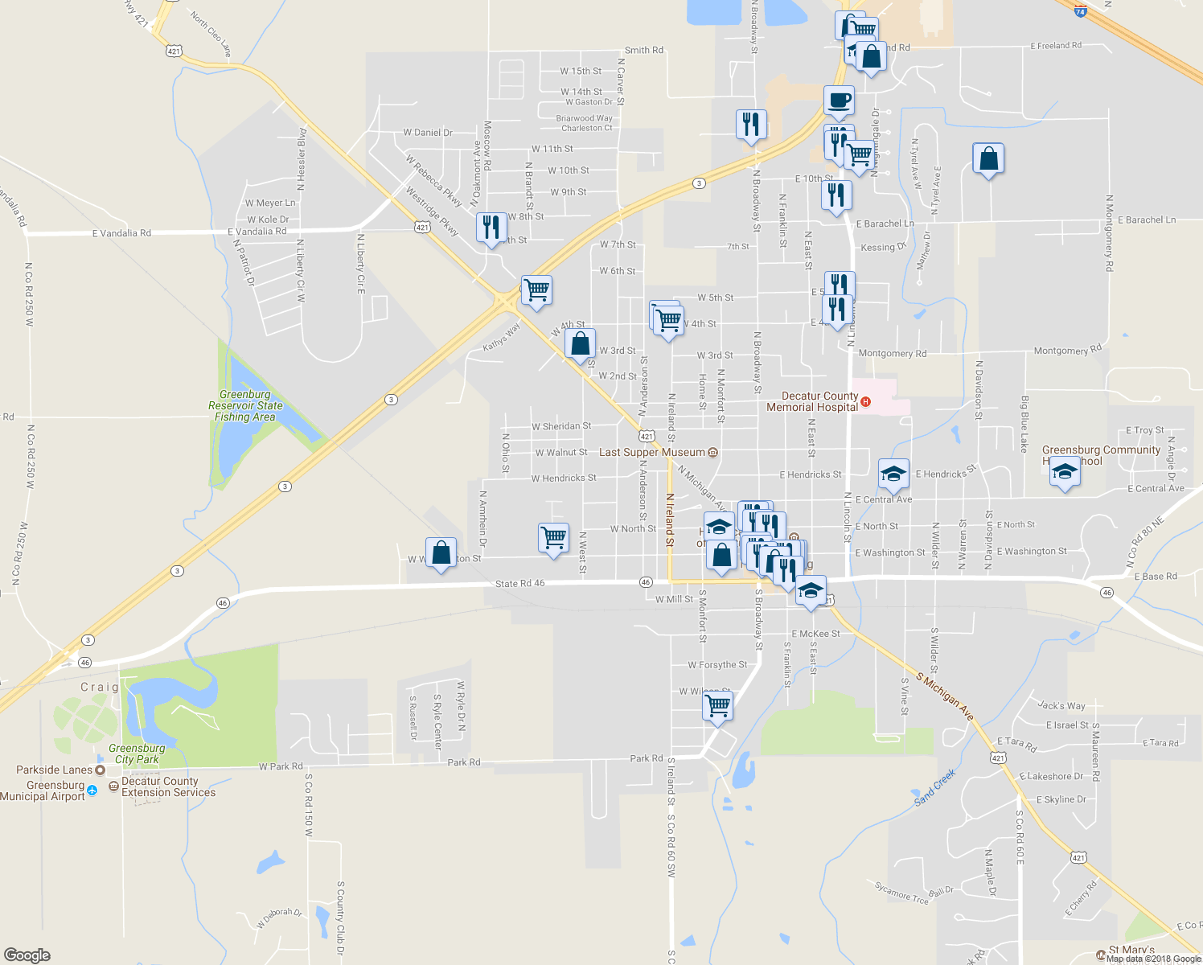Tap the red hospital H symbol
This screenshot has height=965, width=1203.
(x=865, y=401)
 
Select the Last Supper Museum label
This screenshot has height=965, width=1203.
(x=651, y=453)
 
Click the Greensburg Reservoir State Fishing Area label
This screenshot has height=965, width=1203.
(x=245, y=406)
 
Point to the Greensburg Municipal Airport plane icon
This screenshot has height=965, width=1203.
(x=92, y=790)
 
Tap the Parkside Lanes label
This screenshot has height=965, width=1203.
(x=54, y=770)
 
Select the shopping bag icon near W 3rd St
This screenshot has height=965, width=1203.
(x=580, y=344)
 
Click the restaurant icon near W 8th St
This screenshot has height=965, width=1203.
(x=491, y=228)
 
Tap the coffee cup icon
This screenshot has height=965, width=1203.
(x=839, y=101)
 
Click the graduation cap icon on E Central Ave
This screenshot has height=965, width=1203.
(x=893, y=474)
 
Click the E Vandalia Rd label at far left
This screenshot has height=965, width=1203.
(x=121, y=233)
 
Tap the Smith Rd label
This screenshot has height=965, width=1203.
(x=644, y=50)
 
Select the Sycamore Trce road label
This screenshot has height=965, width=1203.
(x=901, y=892)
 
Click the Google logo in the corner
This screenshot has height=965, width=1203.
(x=27, y=955)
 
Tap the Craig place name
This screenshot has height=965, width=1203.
(x=100, y=687)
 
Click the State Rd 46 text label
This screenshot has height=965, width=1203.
(x=519, y=583)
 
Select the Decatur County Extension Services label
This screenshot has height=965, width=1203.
(x=168, y=786)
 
